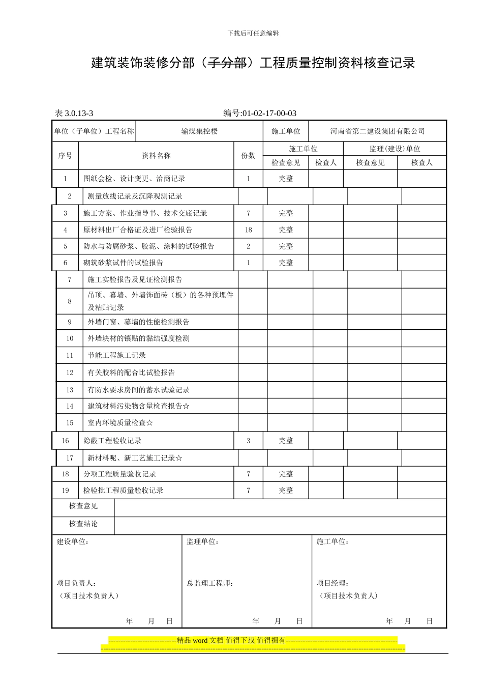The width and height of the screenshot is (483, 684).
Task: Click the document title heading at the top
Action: point(253,63)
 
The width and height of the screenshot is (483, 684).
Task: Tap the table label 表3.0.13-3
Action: point(74,113)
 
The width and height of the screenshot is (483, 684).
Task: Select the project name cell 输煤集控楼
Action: point(199,131)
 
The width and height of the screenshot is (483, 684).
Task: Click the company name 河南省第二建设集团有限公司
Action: point(377,131)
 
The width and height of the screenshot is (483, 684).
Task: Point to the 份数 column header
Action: point(248,156)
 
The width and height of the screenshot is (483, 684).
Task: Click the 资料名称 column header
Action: point(156,156)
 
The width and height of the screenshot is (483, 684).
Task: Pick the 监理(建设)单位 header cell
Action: point(395,149)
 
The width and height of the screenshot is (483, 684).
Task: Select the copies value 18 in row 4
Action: point(248,230)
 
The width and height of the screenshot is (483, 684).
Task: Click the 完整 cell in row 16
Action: point(286,441)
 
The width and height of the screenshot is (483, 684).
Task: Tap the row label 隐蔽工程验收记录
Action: point(112,441)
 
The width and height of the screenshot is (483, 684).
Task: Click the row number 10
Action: point(70,338)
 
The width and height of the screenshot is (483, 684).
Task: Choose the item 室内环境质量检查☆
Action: point(120,423)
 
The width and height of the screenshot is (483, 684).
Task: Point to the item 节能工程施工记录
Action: point(117,356)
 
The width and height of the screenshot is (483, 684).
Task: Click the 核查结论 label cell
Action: point(83,524)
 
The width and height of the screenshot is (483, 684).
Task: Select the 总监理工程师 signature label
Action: point(210,583)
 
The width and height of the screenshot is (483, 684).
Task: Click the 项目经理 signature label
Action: point(333,583)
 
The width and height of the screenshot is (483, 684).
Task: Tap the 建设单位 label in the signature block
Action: point(73,542)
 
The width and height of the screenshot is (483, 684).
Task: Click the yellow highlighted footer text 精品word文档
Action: point(231,640)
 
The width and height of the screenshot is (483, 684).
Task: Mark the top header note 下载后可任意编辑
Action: point(253,34)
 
